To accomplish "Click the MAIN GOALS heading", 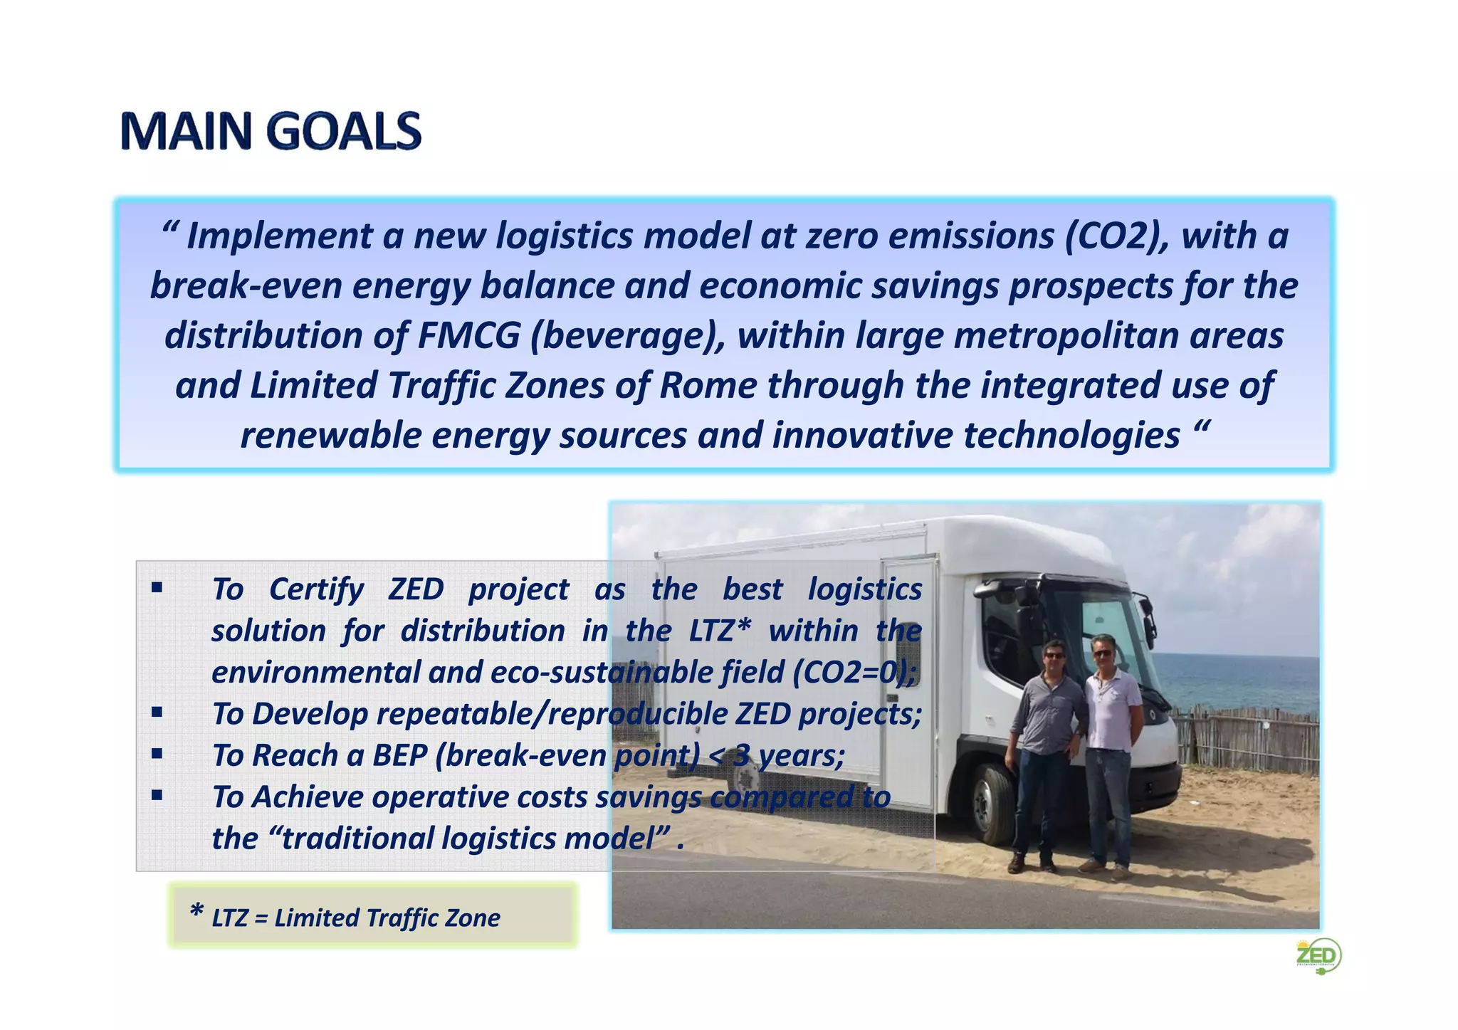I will [271, 131].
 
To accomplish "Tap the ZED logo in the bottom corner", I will [1318, 955].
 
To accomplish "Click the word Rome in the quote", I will [708, 385].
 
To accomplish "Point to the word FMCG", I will [468, 335].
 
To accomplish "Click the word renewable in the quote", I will [330, 435].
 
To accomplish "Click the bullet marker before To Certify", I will [157, 589].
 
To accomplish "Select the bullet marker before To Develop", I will [157, 712].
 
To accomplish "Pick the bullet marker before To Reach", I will [157, 753].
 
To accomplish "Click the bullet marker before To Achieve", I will [157, 795].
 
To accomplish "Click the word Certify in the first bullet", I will [316, 589].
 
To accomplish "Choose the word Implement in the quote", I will [279, 236].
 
